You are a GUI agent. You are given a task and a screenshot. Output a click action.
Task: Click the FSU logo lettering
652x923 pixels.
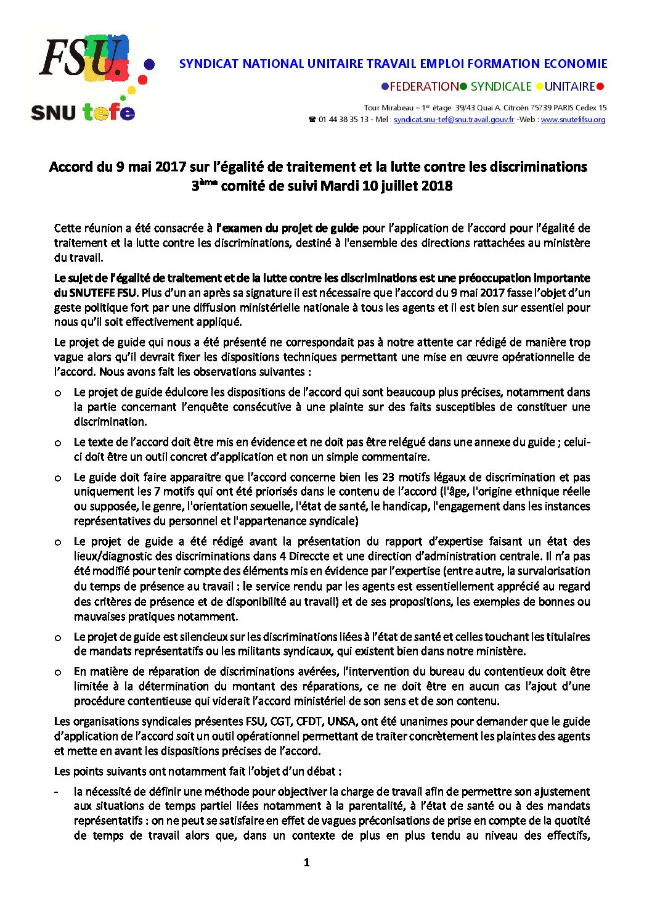(x=80, y=57)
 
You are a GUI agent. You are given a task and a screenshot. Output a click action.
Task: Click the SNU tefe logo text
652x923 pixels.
(x=83, y=112)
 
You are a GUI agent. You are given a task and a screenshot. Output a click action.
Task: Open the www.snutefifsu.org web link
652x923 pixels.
(x=573, y=120)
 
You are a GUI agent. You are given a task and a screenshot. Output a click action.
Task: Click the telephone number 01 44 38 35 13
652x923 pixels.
(x=343, y=120)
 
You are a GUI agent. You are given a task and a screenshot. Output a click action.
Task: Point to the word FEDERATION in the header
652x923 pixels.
(x=424, y=87)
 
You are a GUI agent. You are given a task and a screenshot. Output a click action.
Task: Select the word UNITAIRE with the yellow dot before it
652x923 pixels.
(x=569, y=87)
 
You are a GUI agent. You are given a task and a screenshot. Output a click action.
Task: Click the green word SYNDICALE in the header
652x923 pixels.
(x=500, y=87)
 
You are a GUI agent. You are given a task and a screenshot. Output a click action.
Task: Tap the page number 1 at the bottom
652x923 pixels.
(x=307, y=863)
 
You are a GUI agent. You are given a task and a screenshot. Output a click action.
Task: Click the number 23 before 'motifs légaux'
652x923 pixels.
(x=388, y=477)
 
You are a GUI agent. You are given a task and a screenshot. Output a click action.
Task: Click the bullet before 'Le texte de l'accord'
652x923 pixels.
(x=58, y=443)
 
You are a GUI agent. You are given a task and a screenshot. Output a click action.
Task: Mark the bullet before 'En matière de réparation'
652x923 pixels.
(x=58, y=672)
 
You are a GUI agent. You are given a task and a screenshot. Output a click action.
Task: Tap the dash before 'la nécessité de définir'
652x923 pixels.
(x=57, y=792)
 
